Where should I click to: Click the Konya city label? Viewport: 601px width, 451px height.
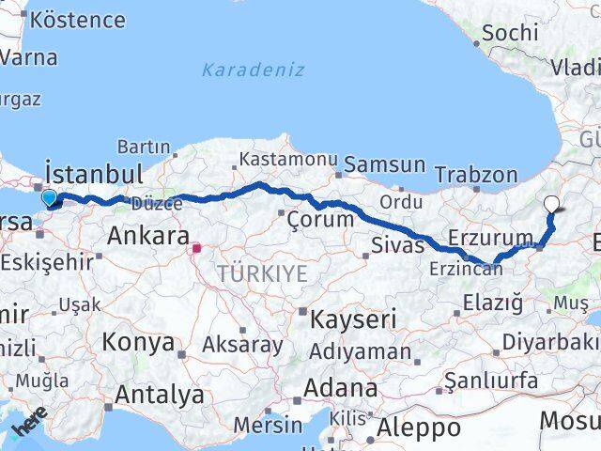[138, 342]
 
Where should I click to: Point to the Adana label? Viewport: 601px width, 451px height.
[341, 387]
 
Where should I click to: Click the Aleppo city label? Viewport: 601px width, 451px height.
[419, 428]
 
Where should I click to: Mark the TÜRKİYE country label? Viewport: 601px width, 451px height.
[262, 273]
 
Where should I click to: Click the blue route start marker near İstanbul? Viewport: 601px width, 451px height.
[50, 198]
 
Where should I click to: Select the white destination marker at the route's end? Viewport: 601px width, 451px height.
[551, 203]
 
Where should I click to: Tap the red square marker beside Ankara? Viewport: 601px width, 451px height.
[196, 249]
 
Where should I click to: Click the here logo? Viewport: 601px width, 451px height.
[29, 424]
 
